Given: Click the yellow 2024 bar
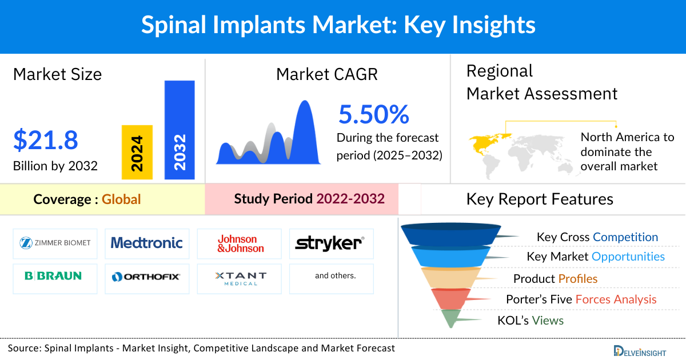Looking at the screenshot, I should (x=137, y=152).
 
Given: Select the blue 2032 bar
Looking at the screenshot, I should (x=180, y=130).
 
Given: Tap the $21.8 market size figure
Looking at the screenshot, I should (x=45, y=141).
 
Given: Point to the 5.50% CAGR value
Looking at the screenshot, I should (x=374, y=114).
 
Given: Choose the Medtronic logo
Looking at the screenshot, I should (x=147, y=243).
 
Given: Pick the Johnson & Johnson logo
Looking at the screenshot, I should (x=240, y=244).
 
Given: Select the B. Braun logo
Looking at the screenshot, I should (x=53, y=276).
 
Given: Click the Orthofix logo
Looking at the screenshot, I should (x=147, y=277).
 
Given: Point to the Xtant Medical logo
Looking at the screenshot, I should (x=240, y=278).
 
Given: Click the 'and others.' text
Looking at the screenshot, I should (x=335, y=276).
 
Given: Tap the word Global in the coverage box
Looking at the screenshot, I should (x=121, y=199).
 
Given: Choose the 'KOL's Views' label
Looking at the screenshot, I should (x=531, y=321).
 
